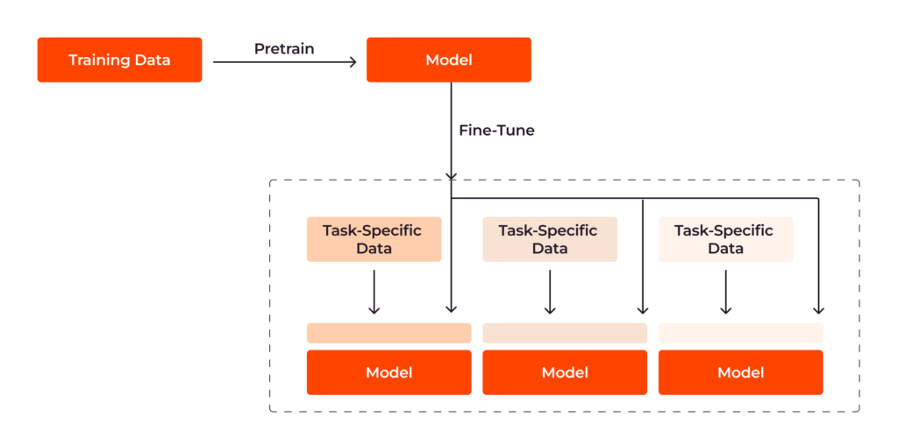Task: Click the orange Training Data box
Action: click(x=119, y=60)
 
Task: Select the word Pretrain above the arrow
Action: click(x=283, y=48)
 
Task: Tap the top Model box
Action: click(x=448, y=60)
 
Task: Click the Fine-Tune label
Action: click(x=496, y=131)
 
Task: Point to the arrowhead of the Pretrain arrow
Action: click(x=353, y=61)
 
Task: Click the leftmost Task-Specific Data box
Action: click(x=373, y=239)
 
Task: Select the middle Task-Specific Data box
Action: click(x=549, y=239)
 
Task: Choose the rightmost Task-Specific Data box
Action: click(x=724, y=239)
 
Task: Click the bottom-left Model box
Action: click(x=388, y=372)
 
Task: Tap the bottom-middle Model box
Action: click(x=564, y=372)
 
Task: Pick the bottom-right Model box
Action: click(x=740, y=372)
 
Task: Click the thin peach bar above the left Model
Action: click(x=388, y=333)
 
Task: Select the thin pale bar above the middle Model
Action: click(x=564, y=333)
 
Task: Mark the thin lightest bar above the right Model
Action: click(x=740, y=333)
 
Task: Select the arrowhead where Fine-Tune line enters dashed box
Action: click(x=451, y=176)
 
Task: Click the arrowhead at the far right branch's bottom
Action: click(x=818, y=309)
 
